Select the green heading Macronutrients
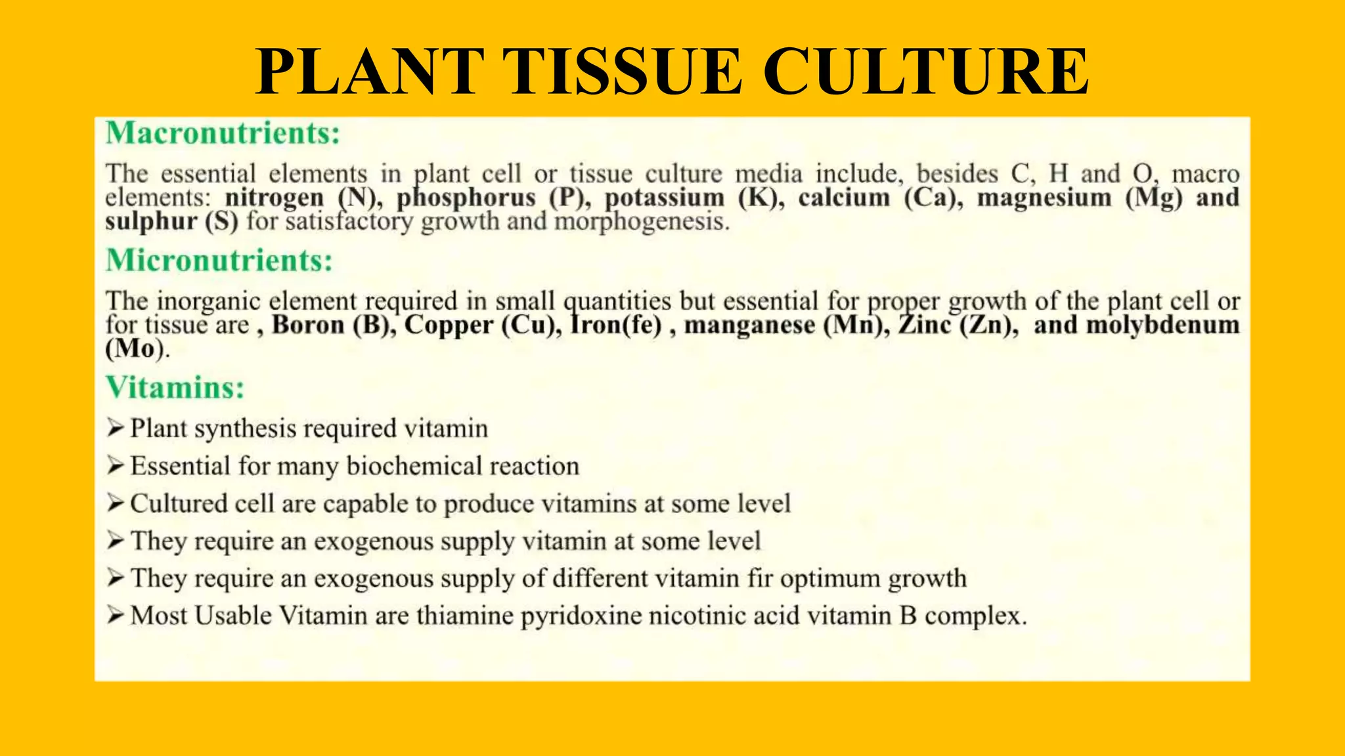(x=223, y=133)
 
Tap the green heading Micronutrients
(x=219, y=261)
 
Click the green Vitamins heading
(x=175, y=387)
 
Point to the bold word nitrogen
(x=275, y=198)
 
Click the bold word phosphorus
(x=466, y=198)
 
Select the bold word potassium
(x=664, y=198)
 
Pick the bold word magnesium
(x=1044, y=198)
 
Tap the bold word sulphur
(x=151, y=221)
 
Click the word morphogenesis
(x=642, y=221)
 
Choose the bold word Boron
(x=308, y=325)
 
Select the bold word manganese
(x=749, y=325)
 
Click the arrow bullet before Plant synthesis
(x=116, y=429)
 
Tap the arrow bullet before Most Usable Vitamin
(x=116, y=616)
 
